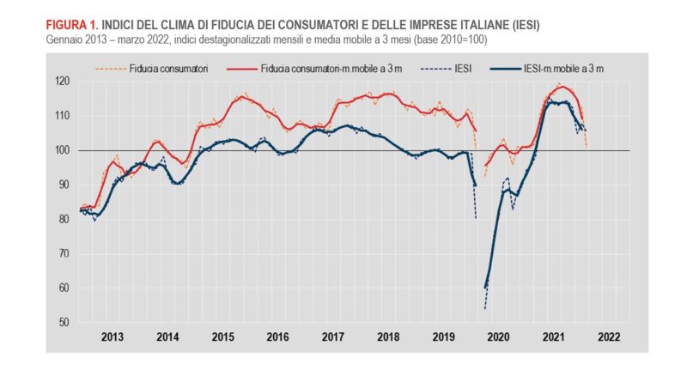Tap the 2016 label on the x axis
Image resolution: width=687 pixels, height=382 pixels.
(277, 338)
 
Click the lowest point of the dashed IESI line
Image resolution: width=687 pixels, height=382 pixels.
(484, 308)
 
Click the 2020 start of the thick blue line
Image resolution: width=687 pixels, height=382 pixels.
(485, 288)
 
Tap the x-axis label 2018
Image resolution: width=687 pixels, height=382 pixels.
(388, 338)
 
